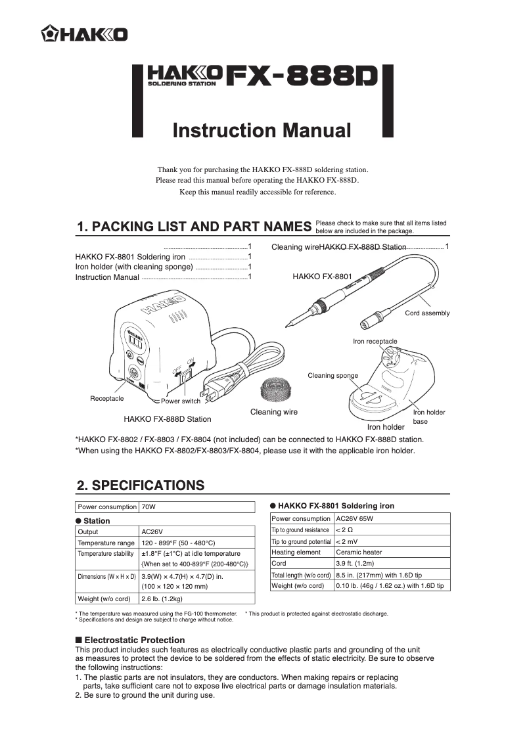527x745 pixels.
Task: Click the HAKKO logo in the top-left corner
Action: (85, 34)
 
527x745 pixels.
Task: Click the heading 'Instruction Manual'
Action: (262, 130)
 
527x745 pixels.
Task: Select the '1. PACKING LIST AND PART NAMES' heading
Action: (194, 227)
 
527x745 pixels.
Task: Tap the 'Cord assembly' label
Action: (427, 313)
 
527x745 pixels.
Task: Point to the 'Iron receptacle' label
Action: (375, 342)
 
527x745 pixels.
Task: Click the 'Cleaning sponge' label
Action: (332, 376)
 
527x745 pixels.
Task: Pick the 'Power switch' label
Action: (181, 401)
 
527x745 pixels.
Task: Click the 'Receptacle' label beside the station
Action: (106, 399)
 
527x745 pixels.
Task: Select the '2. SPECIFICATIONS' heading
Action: (141, 486)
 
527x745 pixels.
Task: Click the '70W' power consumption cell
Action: (149, 507)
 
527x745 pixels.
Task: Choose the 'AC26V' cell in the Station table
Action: (152, 532)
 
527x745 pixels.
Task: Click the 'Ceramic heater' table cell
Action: (359, 553)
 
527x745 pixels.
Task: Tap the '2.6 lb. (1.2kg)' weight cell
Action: (162, 598)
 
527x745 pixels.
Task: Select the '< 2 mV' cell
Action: (348, 541)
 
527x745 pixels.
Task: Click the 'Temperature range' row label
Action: (106, 543)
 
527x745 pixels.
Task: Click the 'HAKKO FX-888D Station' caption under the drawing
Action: (168, 418)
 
